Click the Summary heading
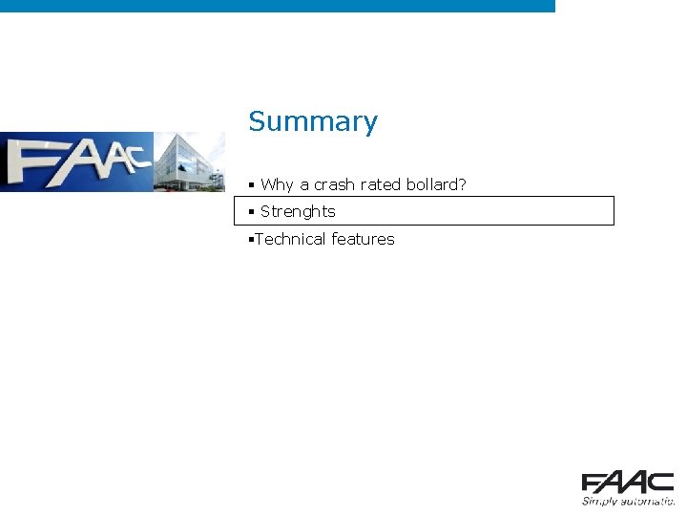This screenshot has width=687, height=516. [313, 122]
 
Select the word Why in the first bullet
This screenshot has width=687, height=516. [278, 184]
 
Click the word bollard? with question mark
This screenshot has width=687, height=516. [435, 184]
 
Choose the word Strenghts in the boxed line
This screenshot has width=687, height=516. [298, 211]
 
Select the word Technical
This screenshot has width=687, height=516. [290, 239]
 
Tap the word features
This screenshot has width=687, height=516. [363, 239]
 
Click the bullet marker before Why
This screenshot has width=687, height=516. [251, 184]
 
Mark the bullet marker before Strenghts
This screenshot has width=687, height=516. [251, 211]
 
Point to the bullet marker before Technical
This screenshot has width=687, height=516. [250, 239]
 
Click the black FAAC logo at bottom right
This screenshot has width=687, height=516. [627, 483]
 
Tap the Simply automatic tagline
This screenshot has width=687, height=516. [628, 500]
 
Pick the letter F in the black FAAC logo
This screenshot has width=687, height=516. [593, 483]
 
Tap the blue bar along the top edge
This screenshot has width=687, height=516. [277, 6]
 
